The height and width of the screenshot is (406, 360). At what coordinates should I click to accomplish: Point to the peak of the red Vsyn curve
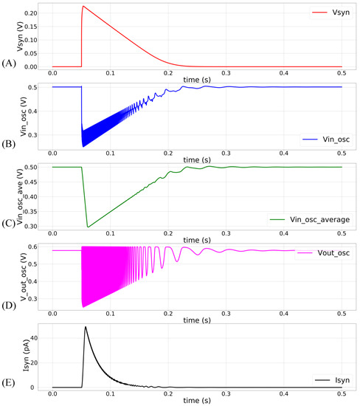[83, 7]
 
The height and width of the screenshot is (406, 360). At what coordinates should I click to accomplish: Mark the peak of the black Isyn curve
[86, 327]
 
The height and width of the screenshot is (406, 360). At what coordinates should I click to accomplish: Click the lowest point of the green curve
[88, 227]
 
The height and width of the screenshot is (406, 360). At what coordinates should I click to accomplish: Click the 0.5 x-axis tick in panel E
[342, 395]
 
